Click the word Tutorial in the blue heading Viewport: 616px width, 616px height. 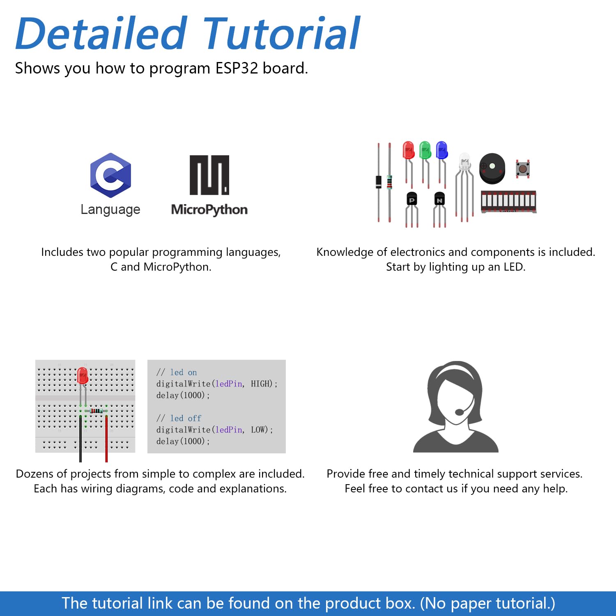click(282, 33)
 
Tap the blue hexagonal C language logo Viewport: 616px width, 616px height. click(110, 175)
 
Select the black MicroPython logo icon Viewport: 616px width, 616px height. click(209, 175)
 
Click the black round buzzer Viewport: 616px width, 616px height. click(492, 168)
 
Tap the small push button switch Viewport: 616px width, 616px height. click(523, 168)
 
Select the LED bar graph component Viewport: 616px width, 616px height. click(508, 202)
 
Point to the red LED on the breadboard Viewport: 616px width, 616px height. click(83, 376)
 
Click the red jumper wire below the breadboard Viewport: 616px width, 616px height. click(106, 439)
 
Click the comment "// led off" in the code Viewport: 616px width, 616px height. click(179, 418)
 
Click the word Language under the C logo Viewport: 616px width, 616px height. click(110, 209)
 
